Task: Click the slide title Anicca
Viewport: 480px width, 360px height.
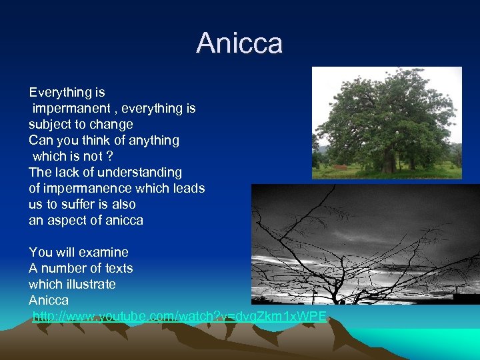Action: coord(239,43)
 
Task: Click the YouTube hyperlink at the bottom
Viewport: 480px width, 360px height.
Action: coord(179,316)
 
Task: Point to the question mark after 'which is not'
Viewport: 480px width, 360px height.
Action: coord(109,156)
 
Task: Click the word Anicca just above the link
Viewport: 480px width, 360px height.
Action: coord(49,300)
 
